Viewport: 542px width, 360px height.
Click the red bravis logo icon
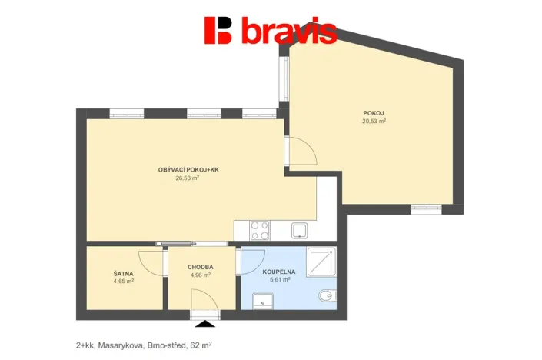[x=218, y=30]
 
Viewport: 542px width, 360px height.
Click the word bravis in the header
[x=288, y=32]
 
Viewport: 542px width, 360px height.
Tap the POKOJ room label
[x=374, y=113]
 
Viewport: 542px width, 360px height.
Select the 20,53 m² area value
[x=374, y=122]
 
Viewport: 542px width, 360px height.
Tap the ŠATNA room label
[x=123, y=272]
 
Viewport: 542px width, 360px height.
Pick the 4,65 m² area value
[x=123, y=281]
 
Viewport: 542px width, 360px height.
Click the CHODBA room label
[x=200, y=267]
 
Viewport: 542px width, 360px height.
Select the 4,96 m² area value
[x=200, y=275]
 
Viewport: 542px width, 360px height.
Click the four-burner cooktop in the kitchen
[x=259, y=229]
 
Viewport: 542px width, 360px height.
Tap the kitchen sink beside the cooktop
[x=300, y=229]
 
